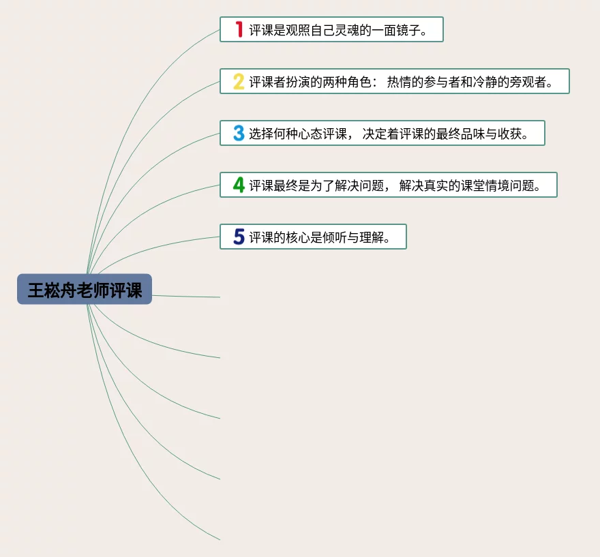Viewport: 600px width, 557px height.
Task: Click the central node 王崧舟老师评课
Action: pos(85,290)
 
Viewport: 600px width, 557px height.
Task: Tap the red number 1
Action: pos(239,29)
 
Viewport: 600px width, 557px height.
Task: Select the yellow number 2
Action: pos(239,81)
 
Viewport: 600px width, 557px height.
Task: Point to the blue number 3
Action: pos(239,133)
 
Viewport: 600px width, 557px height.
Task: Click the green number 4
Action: pos(239,185)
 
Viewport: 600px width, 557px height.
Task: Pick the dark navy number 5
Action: pos(239,237)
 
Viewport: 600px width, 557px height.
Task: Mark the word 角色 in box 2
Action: pos(360,82)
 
